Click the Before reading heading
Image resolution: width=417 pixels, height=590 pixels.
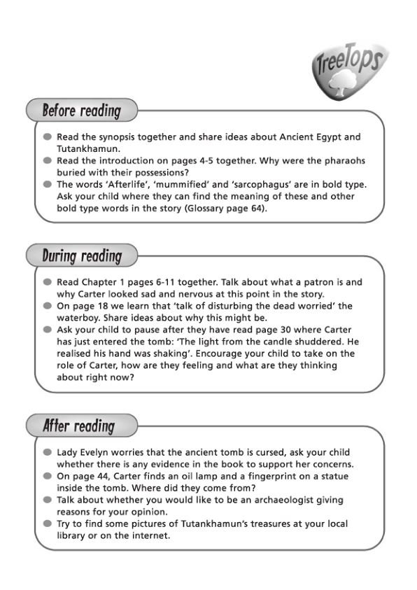pos(81,111)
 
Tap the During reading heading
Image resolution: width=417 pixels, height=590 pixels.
pos(82,255)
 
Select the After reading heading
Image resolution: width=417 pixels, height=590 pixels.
pos(78,425)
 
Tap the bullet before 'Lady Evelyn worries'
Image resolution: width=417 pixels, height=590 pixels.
pos(47,452)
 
